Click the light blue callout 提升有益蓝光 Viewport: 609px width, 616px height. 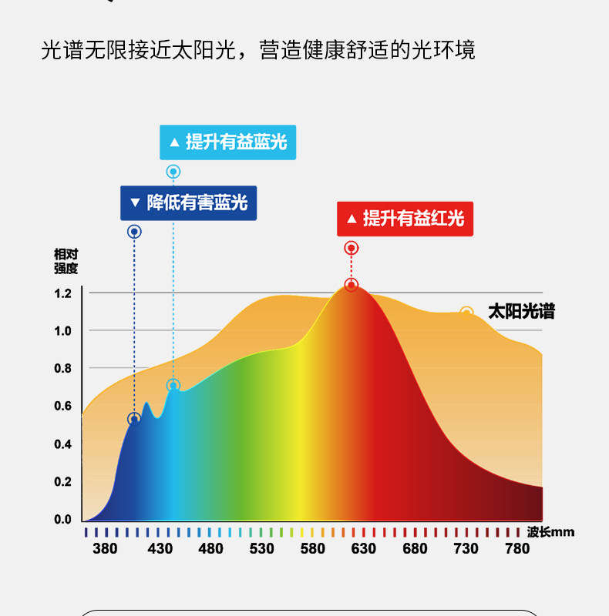coord(227,142)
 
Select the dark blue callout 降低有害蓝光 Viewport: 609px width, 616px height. coord(188,203)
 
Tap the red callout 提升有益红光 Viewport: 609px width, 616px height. coord(405,219)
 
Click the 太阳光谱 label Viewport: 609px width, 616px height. coord(521,312)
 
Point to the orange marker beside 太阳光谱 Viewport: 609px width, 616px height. coord(466,313)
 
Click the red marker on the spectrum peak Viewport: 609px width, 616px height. coord(352,285)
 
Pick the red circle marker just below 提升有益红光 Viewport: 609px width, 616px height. coord(352,248)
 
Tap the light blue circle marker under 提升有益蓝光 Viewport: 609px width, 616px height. coord(173,172)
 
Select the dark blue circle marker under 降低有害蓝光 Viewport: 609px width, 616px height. coord(134,232)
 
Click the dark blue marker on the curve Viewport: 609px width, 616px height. coord(134,419)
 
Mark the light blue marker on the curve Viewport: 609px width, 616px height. coord(173,386)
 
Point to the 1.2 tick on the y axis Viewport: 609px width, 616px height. coord(63,293)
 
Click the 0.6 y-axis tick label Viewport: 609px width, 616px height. coord(63,406)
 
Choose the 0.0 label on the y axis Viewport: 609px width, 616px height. coord(63,519)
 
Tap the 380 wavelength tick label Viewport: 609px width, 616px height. coord(105,548)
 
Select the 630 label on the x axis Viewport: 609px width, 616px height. coord(364,548)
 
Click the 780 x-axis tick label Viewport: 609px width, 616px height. coord(517,548)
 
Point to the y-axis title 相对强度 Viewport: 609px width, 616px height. coord(66,262)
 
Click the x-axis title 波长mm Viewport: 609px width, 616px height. coord(550,532)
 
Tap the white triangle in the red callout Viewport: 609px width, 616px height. coord(352,219)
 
